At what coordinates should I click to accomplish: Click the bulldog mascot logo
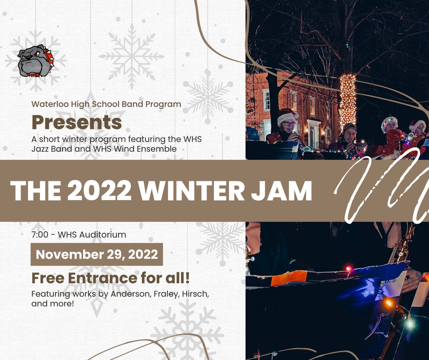tap(35, 61)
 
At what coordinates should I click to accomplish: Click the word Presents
tap(77, 122)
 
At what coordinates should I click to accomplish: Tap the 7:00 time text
tap(39, 235)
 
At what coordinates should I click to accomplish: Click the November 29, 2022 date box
tap(97, 254)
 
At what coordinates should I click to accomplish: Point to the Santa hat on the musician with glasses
tap(287, 115)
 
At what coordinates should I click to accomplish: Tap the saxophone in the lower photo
tap(402, 247)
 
